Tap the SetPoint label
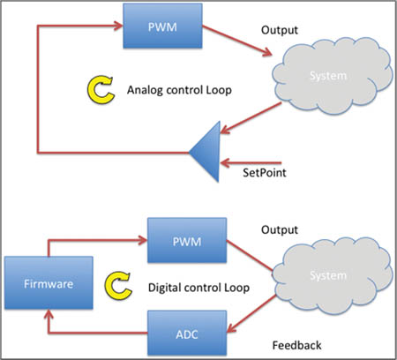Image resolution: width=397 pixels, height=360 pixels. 268,173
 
